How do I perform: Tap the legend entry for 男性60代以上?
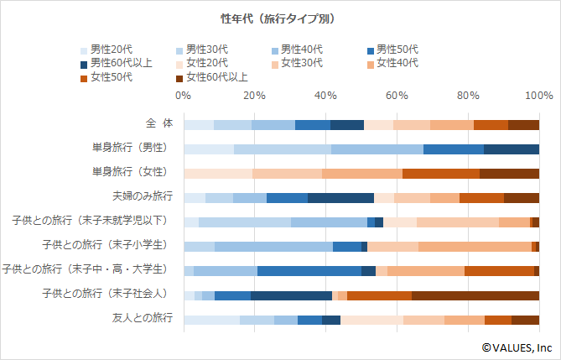(122, 63)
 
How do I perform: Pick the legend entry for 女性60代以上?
(216, 77)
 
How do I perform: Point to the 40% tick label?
(326, 95)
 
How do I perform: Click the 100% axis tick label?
(538, 95)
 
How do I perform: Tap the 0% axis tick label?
(184, 95)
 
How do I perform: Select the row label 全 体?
(158, 123)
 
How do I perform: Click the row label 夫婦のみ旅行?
(144, 196)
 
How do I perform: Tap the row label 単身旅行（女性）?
(135, 172)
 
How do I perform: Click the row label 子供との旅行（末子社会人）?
(105, 294)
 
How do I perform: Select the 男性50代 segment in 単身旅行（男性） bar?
(453, 149)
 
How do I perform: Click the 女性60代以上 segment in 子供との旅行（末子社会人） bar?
(475, 295)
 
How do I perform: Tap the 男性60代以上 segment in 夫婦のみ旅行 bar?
(340, 198)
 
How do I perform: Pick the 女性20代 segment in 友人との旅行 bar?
(371, 320)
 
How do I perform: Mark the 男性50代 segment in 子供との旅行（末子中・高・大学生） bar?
(309, 271)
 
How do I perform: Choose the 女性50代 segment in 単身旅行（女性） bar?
(440, 174)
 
